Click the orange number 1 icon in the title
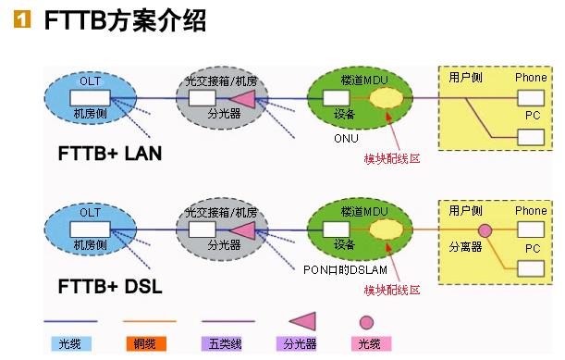point(22,19)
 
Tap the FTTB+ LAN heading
point(110,154)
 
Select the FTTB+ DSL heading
point(110,287)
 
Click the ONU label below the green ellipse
point(346,139)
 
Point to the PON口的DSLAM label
point(345,270)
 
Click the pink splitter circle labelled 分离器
point(485,230)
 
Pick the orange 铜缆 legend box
point(146,343)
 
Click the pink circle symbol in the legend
point(366,322)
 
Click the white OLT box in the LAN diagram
point(90,98)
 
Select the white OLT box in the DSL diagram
point(90,230)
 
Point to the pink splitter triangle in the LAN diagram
point(244,99)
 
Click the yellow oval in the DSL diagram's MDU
point(387,230)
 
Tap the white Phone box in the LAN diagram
point(531,98)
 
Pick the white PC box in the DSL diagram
point(531,269)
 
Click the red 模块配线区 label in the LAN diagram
point(392,159)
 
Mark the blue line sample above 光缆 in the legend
point(70,321)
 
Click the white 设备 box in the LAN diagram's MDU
point(337,98)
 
